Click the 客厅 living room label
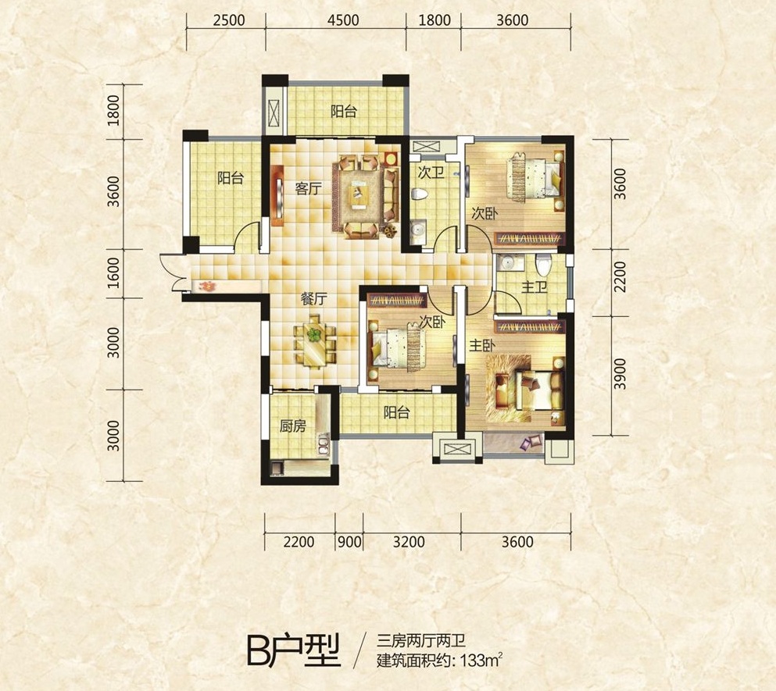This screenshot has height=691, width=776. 308,188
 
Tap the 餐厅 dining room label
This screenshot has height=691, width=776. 314,299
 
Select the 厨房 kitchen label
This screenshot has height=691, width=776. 292,426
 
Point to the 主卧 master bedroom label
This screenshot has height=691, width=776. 482,345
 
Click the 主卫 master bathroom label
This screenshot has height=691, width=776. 534,287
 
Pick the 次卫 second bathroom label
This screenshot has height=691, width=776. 431,173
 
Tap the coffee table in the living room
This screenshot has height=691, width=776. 359,194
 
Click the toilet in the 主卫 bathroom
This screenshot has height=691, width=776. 543,264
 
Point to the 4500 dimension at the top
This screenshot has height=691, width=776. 343,20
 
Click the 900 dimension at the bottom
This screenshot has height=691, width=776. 349,542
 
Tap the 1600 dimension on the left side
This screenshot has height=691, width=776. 113,272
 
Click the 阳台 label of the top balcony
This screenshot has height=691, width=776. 344,112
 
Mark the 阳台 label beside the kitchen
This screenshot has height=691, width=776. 396,412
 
